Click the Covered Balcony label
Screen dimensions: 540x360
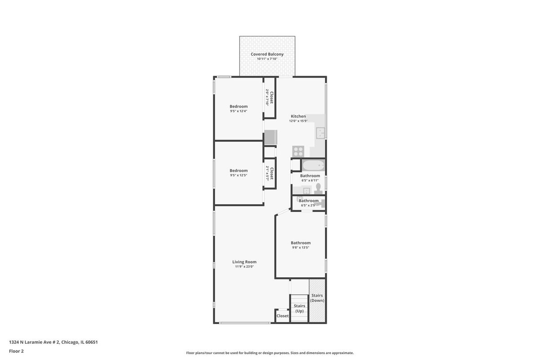[267, 54]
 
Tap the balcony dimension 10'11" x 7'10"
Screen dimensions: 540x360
[267, 59]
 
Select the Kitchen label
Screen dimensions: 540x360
[298, 116]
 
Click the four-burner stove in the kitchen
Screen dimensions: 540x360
[298, 152]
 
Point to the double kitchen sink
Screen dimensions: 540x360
[320, 133]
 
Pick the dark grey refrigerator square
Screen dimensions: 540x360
[271, 137]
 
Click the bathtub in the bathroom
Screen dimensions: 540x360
[313, 166]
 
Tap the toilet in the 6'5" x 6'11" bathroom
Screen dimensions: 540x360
[319, 189]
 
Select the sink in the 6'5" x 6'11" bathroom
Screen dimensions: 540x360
[306, 191]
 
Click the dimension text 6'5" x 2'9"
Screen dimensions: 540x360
[308, 206]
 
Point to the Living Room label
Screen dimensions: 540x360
[244, 262]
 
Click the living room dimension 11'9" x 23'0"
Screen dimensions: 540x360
[244, 266]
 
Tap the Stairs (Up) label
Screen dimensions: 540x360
[299, 308]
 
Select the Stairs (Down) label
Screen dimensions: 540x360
[317, 298]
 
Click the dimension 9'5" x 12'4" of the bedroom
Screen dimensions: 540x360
[238, 111]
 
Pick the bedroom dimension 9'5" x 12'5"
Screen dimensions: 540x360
[238, 175]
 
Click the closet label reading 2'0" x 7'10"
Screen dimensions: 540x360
[267, 97]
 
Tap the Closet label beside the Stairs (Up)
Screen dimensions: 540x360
[283, 316]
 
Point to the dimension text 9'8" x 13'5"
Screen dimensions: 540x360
[301, 247]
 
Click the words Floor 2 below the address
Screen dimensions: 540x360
[16, 351]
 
